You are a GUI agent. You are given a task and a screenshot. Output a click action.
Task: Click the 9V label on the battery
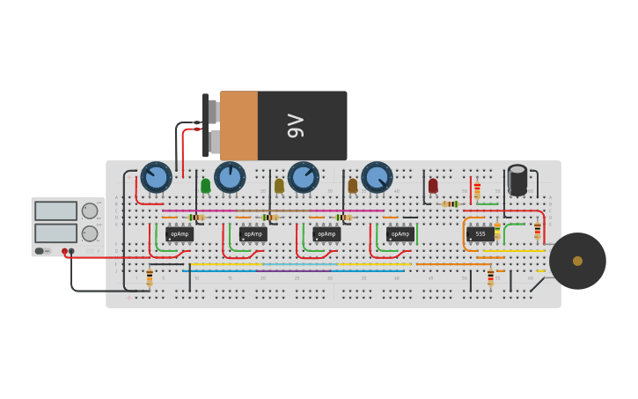click(297, 126)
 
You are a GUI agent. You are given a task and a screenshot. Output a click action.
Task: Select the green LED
click(206, 186)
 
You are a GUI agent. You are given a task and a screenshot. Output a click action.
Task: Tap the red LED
click(433, 186)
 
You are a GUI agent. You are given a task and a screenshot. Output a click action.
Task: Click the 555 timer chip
click(480, 234)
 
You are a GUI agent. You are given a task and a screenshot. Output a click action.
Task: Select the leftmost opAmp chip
click(180, 234)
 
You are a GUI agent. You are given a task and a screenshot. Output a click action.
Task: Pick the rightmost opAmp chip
click(400, 234)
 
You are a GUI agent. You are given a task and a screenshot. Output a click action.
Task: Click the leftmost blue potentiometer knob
click(157, 177)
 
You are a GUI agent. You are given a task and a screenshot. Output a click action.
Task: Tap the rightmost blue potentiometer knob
click(377, 177)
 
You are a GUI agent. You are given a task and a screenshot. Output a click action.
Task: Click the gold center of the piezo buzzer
click(577, 261)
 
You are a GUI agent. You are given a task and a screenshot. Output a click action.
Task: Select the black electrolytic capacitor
click(517, 180)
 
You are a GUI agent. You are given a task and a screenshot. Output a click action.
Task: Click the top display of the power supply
click(55, 211)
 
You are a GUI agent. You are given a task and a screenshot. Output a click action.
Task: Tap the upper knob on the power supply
click(90, 211)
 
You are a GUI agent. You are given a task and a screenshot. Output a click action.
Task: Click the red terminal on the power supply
click(64, 251)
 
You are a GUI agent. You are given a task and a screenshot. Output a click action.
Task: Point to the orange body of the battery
click(238, 126)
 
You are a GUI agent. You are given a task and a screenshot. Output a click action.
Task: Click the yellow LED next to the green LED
click(280, 186)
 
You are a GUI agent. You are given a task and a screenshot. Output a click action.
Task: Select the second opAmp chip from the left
click(253, 234)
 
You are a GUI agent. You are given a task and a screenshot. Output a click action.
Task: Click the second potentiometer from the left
click(230, 177)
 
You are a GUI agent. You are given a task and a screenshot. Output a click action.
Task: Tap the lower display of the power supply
click(55, 233)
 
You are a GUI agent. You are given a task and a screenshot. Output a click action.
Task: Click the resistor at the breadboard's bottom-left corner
click(150, 278)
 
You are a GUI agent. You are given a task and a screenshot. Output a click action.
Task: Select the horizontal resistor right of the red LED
click(451, 204)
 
